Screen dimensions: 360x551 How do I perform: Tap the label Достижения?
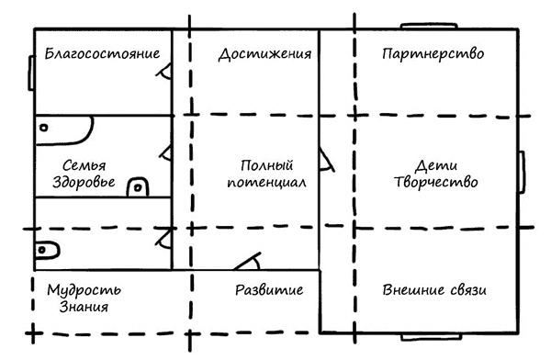coord(258,53)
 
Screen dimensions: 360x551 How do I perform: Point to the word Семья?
coord(83,165)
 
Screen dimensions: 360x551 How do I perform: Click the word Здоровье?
coord(83,182)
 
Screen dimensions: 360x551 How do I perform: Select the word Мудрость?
coord(84,291)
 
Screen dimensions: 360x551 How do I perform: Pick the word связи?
coord(465,291)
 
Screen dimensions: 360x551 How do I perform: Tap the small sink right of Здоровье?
coord(137,186)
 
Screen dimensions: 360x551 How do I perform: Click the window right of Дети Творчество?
coord(521,174)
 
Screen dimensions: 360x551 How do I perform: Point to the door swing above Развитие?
coord(247,260)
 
